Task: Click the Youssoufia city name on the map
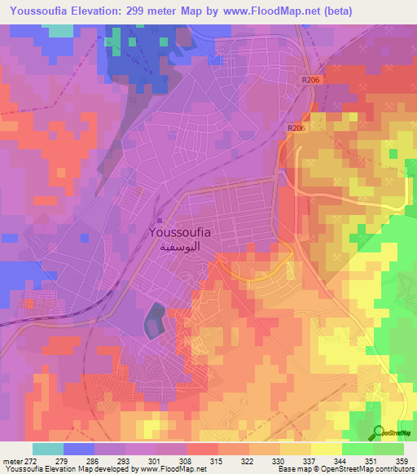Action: (x=181, y=232)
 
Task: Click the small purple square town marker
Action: (x=160, y=220)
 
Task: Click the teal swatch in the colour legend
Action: (x=47, y=449)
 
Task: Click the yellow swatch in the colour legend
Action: (x=296, y=449)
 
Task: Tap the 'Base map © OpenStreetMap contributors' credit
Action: (x=343, y=469)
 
